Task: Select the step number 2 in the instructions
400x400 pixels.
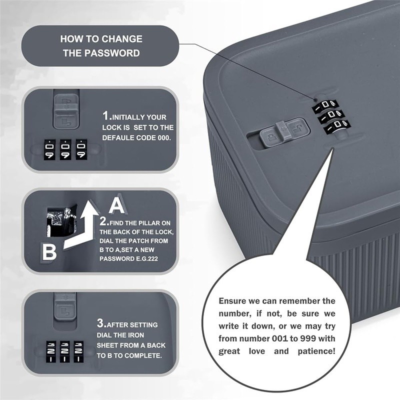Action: [102, 220]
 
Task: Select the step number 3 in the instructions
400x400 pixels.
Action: [100, 323]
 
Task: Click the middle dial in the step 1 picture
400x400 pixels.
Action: [65, 149]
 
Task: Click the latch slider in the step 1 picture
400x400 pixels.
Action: [66, 109]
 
